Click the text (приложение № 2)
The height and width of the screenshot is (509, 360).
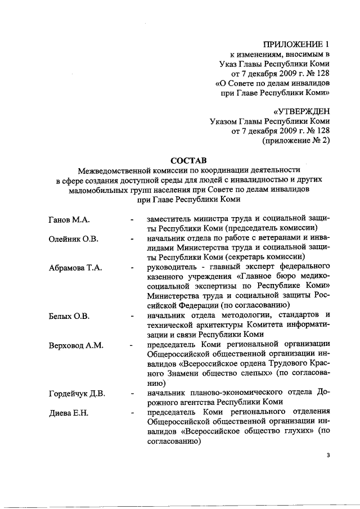coord(296,141)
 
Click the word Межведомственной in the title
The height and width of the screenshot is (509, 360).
coord(116,169)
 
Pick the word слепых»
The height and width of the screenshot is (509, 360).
coord(255,373)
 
